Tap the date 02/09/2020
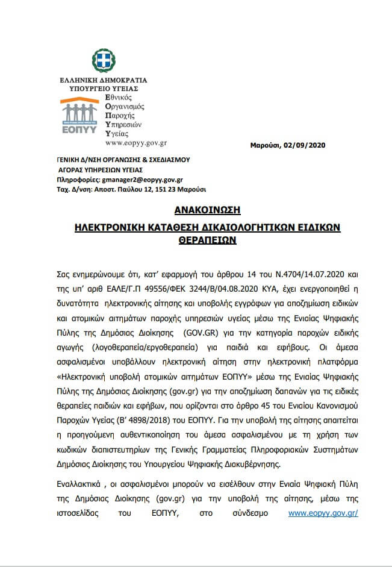point(305,145)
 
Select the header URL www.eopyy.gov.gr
point(135,143)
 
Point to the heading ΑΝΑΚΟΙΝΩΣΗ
point(196,210)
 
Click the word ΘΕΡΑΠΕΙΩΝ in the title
point(196,239)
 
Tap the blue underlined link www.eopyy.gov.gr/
point(323,513)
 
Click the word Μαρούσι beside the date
point(267,145)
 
